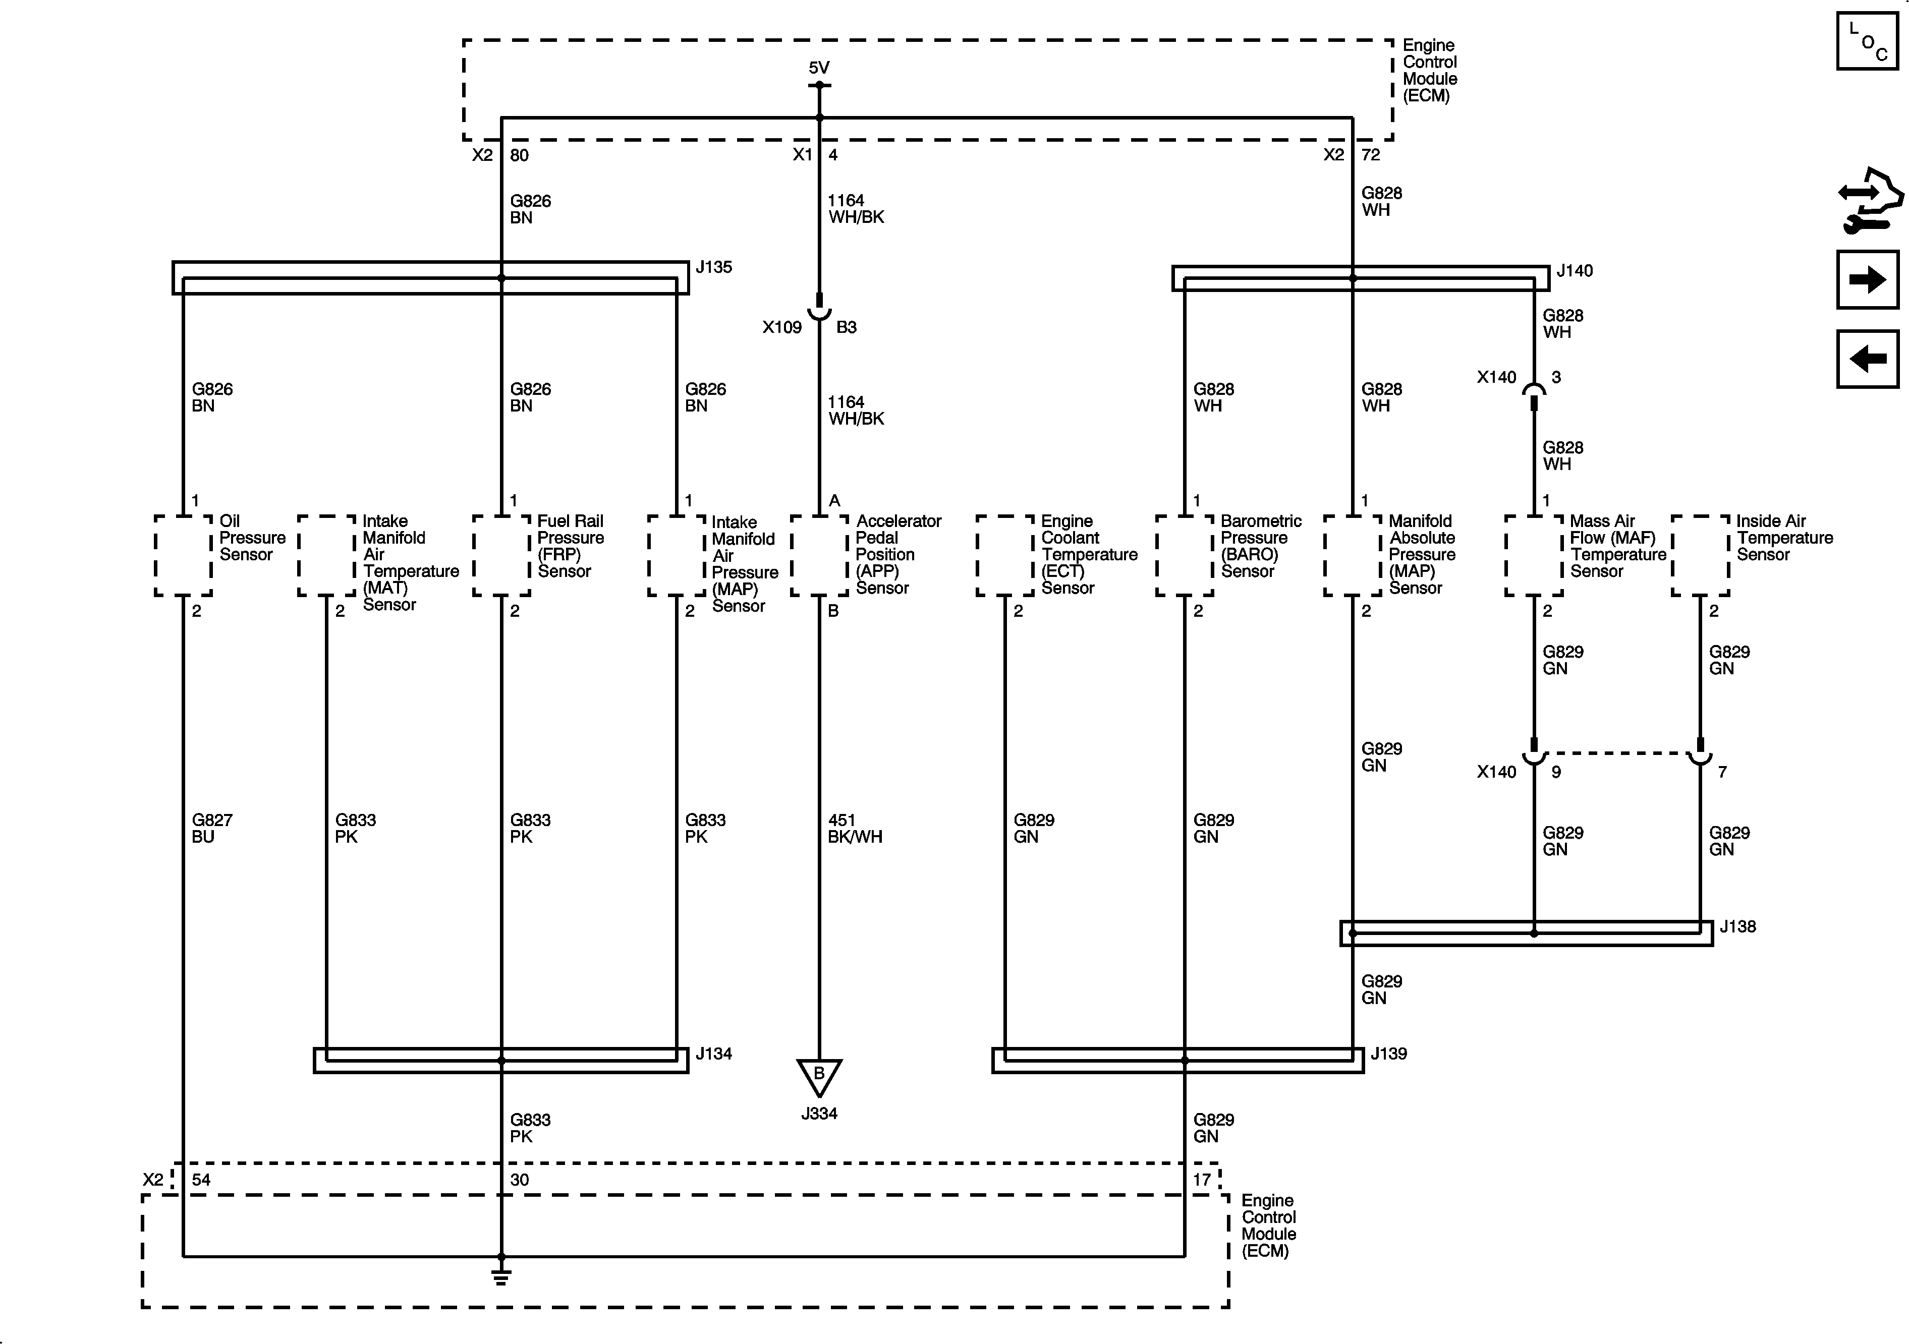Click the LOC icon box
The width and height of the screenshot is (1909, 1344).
point(1867,41)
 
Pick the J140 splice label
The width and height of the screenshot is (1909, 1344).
point(1574,271)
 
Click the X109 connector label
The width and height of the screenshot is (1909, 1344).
point(781,327)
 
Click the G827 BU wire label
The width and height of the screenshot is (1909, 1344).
point(212,829)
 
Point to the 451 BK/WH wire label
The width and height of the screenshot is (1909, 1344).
point(855,829)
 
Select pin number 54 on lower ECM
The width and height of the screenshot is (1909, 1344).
point(201,1180)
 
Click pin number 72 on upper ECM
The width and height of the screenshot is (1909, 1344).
point(1370,155)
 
